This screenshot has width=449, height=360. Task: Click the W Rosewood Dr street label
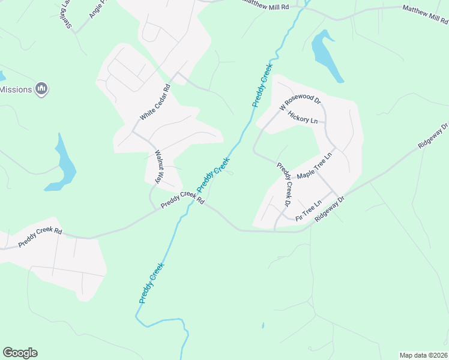[301, 103]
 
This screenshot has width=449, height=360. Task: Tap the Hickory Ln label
[302, 117]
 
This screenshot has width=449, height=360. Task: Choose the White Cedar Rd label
[155, 102]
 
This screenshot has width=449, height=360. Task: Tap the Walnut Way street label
[160, 167]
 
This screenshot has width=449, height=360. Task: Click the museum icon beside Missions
[41, 89]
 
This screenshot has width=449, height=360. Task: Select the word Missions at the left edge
[16, 89]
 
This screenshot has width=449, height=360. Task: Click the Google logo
[20, 353]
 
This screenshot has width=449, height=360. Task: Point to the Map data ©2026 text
[423, 355]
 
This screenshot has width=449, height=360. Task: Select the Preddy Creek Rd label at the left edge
[40, 236]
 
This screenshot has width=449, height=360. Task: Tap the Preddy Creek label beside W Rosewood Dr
[262, 85]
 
